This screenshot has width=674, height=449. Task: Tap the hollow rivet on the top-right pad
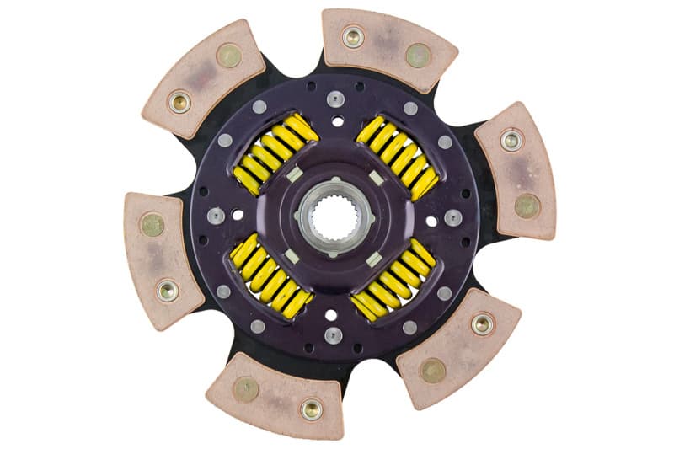[x=353, y=36]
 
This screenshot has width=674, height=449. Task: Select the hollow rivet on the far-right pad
[x=510, y=140]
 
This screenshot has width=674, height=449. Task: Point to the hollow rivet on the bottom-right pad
[x=483, y=324]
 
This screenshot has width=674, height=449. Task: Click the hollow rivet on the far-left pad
[x=167, y=291]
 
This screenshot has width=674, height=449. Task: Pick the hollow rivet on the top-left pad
[x=179, y=102]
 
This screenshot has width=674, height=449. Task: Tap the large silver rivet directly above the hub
[x=335, y=99]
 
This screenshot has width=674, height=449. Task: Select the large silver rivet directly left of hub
[x=216, y=216]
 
